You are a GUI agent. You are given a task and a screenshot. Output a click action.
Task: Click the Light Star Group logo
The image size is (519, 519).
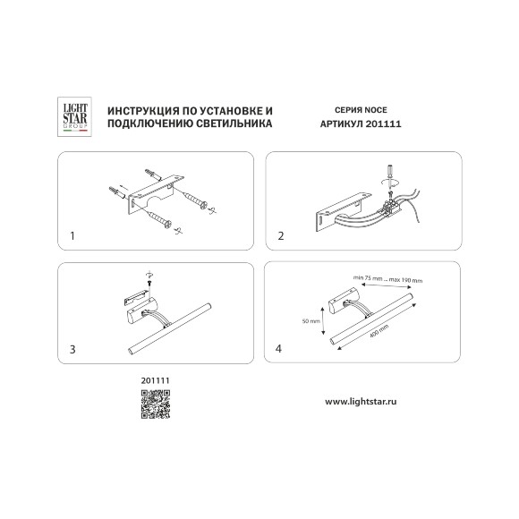coord(75,116)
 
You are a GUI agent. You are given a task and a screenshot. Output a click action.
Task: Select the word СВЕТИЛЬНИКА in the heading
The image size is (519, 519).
coord(234,123)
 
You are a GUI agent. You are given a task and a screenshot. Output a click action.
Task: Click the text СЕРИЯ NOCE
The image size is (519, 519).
coord(361,110)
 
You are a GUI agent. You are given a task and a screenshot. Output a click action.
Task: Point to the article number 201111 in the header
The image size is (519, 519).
coord(383,123)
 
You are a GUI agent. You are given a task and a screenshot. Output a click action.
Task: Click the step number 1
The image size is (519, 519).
coord(72,236)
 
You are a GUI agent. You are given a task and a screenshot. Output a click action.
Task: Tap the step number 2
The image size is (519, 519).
coord(281,236)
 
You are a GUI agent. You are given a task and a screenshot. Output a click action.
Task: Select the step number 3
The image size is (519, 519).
coord(72,349)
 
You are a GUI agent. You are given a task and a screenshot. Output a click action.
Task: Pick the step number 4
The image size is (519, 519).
coord(278,349)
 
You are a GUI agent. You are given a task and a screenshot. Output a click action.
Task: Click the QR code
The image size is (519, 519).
coord(155,404)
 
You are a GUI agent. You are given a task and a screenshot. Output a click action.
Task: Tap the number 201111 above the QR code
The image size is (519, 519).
coord(155,380)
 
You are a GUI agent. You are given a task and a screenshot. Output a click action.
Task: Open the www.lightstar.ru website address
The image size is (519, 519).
coord(361,402)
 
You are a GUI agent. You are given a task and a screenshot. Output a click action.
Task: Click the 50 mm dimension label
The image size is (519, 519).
coord(311,320)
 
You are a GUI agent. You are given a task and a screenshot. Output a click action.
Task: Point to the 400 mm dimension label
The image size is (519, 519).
coord(379,331)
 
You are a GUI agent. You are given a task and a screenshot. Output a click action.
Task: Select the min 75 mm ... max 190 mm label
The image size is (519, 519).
coord(388,279)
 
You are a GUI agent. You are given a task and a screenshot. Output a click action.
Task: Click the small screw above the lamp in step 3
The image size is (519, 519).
coord(149,283)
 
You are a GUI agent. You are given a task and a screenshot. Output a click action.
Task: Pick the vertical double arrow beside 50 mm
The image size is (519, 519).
coord(323,320)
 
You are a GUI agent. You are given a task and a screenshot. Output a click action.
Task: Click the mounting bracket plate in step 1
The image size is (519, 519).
coord(156,194)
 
